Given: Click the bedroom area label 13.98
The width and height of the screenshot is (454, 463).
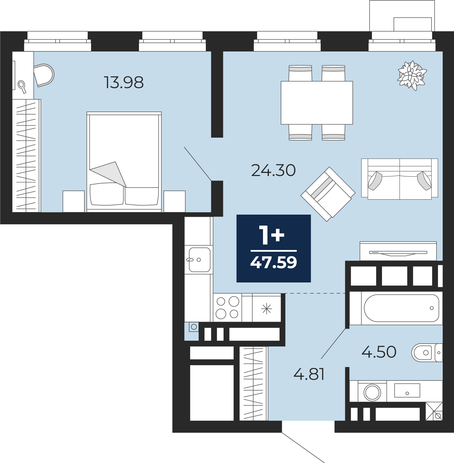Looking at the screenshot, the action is point(124,83).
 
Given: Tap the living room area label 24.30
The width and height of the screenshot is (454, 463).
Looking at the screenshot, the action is point(273,170).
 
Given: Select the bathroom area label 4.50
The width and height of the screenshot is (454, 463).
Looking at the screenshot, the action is point(379,352).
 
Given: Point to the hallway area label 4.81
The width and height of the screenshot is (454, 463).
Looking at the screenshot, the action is point(309,374).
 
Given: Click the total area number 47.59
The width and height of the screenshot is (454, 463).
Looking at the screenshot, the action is point(273,262).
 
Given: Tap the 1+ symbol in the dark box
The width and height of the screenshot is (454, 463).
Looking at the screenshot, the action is point(272,235).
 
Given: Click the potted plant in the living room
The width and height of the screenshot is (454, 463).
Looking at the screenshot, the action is point(412,75).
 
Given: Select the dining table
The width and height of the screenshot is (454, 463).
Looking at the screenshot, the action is point(317,103).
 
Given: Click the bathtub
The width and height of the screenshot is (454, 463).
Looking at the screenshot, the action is point(401,308).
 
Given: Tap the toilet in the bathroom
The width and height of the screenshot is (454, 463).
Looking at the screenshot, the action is point(427,352).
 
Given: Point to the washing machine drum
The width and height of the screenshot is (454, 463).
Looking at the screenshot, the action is point(372,392).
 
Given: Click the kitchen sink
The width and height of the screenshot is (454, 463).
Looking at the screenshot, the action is point(199,260).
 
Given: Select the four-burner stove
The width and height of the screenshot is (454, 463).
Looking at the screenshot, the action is point(227,308).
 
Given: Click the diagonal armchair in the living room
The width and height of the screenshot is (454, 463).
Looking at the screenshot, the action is point(328,194).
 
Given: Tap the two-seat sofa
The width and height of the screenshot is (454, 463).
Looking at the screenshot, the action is point(399,179).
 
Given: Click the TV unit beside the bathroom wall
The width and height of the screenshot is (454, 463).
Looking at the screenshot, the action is point(398,251).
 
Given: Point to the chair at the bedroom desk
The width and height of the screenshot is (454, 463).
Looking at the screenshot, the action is point(44,75).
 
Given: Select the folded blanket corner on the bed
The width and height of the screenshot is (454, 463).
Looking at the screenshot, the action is point(109,174).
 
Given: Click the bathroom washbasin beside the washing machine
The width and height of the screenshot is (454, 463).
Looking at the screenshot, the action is point(407,390).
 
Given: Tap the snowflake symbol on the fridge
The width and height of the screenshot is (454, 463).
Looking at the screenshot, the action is point(266,309).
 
